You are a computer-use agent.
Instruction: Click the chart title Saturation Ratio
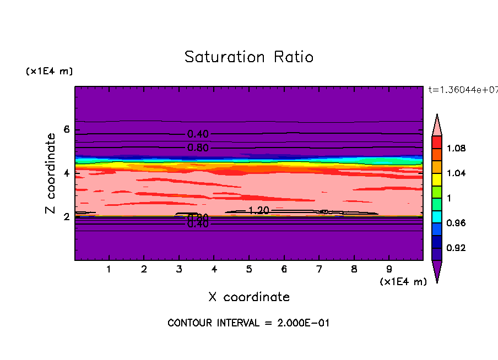pos(249,57)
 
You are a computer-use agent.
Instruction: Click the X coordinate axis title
pos(249,297)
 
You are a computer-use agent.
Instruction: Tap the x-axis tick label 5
pos(249,270)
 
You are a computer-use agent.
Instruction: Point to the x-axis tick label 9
pos(389,270)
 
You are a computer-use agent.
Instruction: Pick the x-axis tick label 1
pos(109,270)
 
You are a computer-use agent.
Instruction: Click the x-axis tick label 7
pos(319,270)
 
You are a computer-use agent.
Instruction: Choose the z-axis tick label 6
pos(67,130)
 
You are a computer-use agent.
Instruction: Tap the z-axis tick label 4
pos(67,173)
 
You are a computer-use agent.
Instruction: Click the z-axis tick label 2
pos(67,217)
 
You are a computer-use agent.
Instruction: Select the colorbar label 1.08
pos(456,149)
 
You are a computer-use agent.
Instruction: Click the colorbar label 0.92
pos(456,248)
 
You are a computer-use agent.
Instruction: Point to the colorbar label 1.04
pos(456,173)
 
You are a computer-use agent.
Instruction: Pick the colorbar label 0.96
pos(456,223)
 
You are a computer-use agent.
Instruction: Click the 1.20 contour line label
pos(258,211)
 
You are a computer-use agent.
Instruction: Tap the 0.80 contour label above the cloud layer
pos(198,148)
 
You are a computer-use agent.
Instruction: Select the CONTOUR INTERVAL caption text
pos(248,323)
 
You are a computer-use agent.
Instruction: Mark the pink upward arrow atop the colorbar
pos(437,126)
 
